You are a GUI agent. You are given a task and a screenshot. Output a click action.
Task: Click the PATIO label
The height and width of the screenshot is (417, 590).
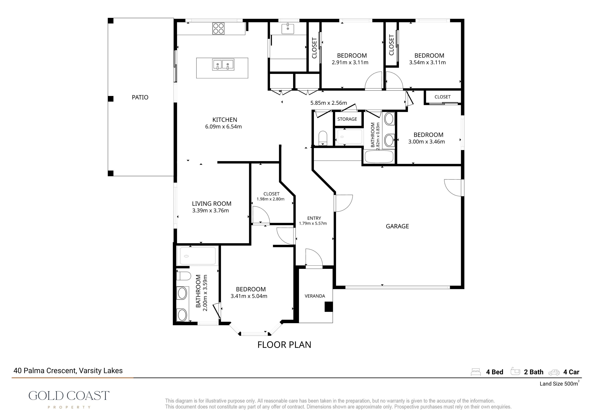tap(140, 97)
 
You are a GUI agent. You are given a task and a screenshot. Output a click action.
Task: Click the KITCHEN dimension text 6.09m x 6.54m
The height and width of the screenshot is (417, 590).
tap(223, 127)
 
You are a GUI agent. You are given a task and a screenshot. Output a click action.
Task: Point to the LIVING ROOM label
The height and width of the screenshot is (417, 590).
tap(211, 204)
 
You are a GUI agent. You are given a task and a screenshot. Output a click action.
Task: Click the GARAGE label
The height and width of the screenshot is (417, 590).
tap(397, 226)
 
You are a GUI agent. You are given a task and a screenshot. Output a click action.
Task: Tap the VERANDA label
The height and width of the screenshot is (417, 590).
tap(315, 296)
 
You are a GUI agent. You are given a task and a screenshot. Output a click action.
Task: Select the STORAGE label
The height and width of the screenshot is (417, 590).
tap(347, 119)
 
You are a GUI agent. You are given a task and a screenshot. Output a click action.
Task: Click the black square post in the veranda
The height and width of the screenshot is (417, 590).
tap(329, 307)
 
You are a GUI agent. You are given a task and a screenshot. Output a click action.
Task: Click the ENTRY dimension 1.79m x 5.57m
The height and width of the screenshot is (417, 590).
tap(313, 223)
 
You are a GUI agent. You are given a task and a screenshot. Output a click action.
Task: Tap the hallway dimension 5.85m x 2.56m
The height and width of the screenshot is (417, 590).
tap(329, 103)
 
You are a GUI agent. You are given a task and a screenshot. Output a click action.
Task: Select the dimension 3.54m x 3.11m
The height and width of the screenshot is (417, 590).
tap(427, 62)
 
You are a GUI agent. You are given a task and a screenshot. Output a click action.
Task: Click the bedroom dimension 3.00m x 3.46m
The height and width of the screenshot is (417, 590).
tap(427, 142)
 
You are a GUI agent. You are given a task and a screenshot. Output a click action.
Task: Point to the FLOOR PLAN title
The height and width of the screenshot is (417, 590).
tap(284, 345)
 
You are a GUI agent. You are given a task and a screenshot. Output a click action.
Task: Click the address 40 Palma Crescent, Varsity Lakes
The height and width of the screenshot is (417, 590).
tap(68, 371)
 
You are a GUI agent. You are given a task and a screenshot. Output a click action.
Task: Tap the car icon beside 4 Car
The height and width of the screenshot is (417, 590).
tap(554, 373)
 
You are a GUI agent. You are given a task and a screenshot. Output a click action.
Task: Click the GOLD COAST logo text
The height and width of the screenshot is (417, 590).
tap(69, 396)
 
